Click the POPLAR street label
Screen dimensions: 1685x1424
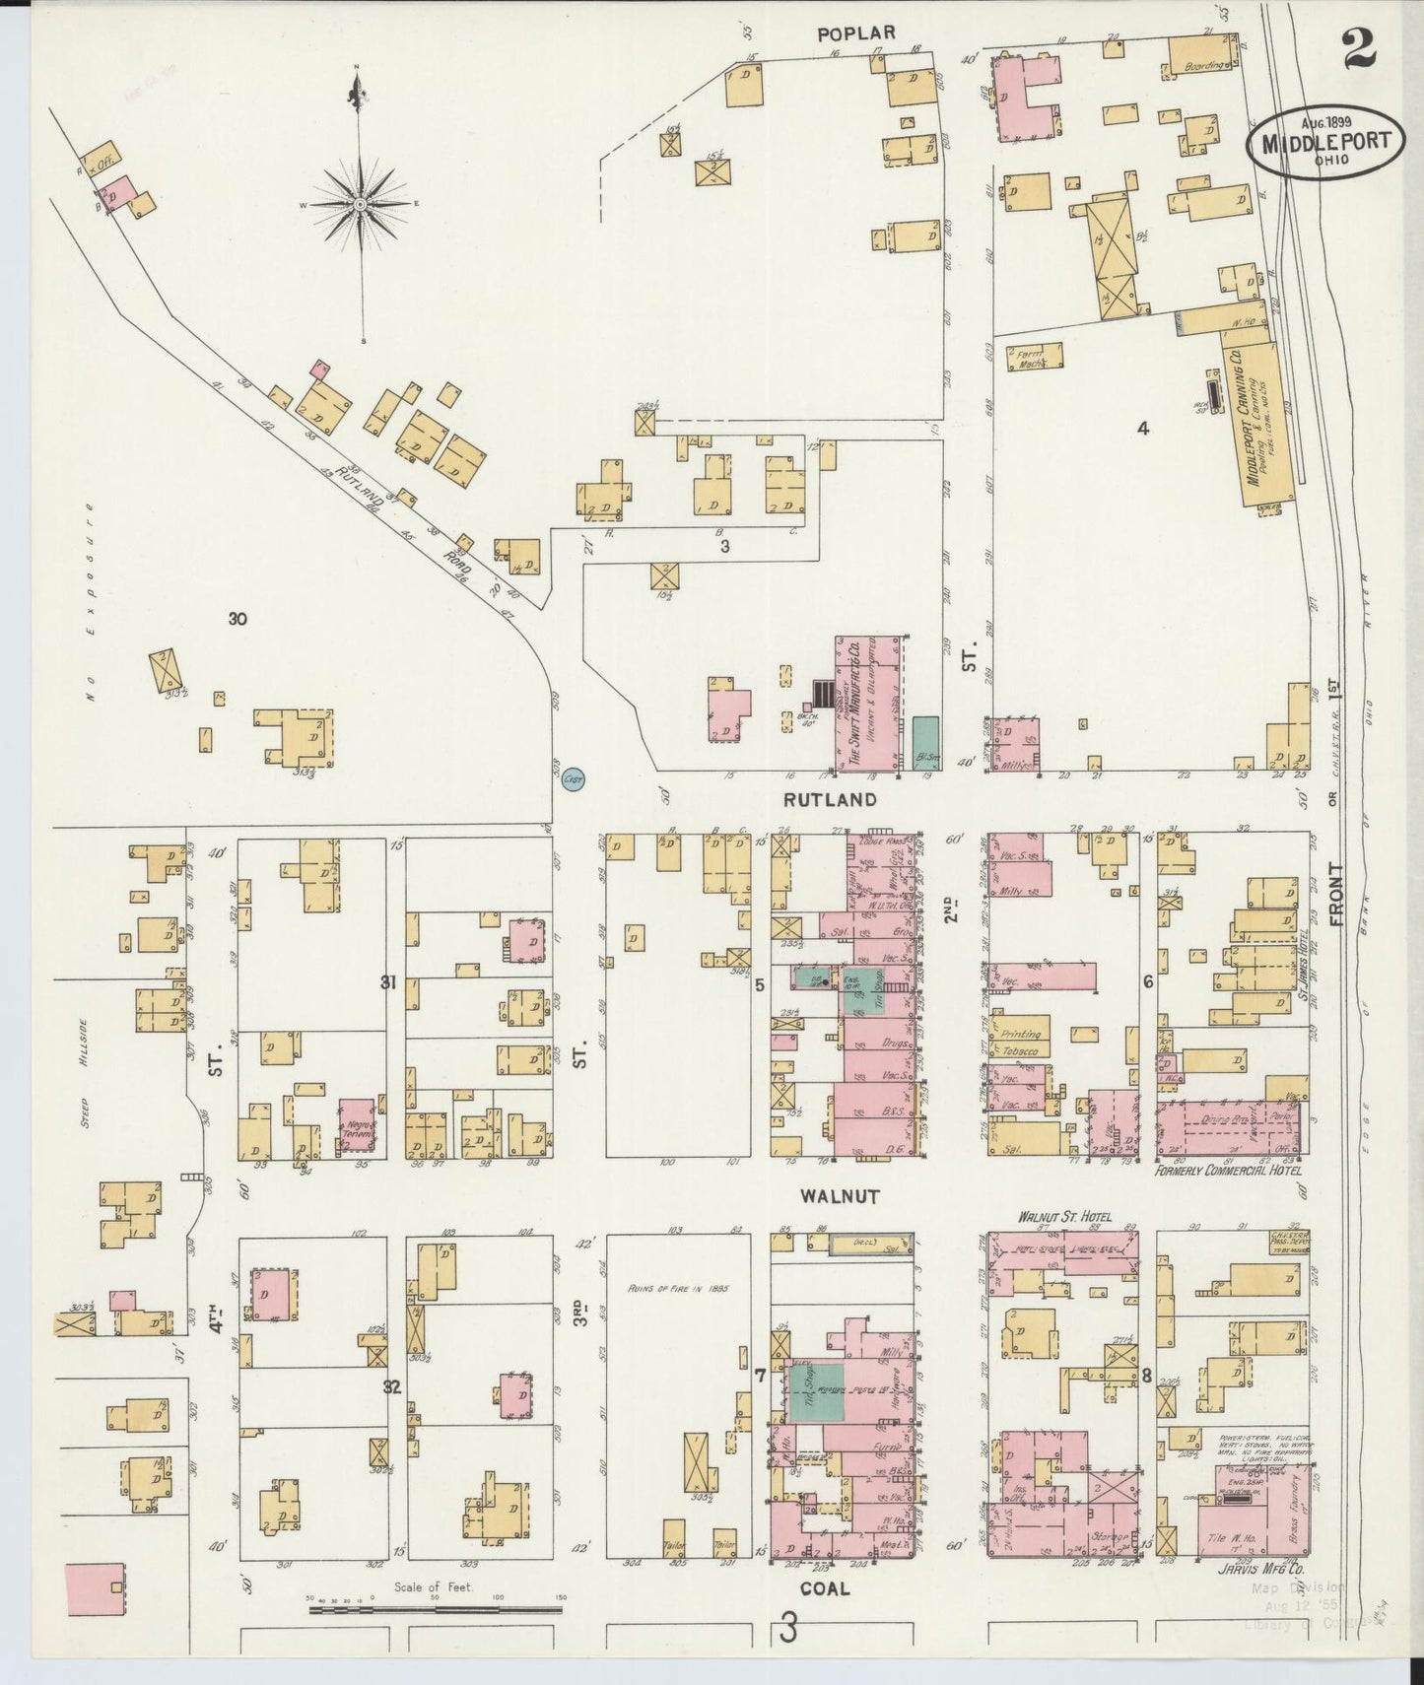(856, 34)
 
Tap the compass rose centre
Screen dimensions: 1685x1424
(361, 204)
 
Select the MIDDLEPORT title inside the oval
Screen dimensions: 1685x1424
(1322, 142)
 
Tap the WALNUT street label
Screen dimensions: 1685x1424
(839, 1196)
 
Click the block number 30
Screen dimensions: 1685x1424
(237, 619)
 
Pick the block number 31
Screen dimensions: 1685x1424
(389, 981)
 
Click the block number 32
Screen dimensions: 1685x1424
(392, 1386)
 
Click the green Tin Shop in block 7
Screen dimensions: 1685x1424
(814, 1391)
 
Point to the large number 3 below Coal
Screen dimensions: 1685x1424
(788, 1629)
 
